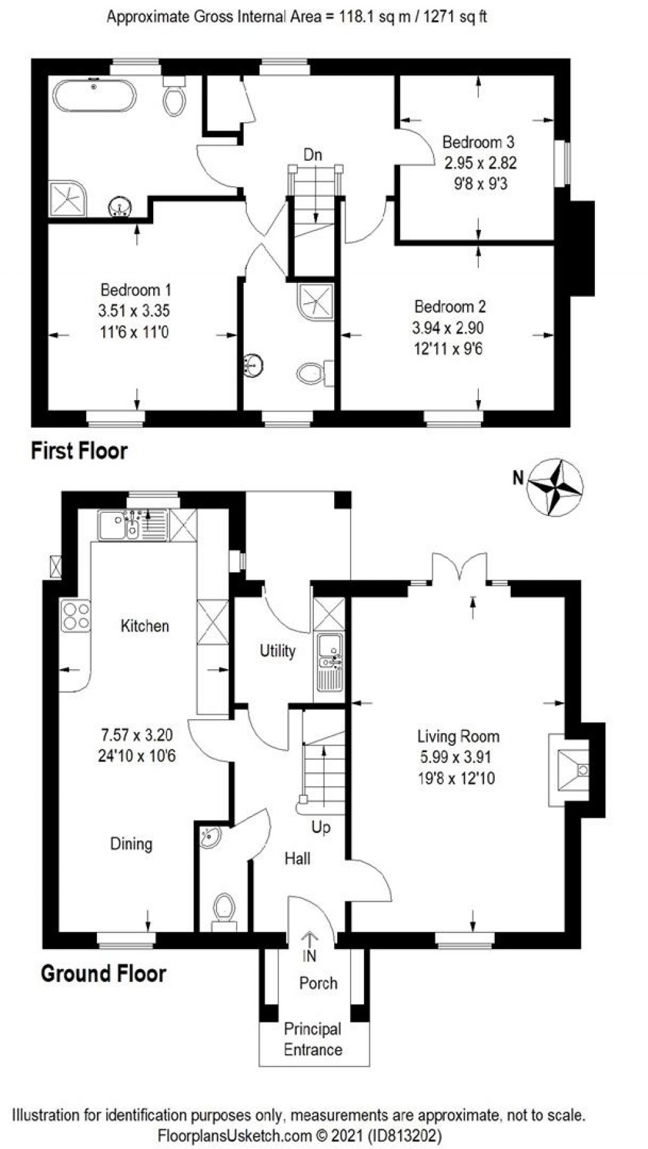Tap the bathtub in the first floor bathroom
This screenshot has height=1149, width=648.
[94, 96]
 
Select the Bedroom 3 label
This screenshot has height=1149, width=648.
[478, 142]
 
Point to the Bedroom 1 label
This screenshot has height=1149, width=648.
[135, 290]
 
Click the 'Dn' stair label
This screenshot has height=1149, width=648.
[313, 154]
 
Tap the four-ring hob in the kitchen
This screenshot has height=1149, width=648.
[76, 616]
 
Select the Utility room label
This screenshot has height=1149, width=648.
[278, 651]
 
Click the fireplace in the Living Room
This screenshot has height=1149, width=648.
[569, 770]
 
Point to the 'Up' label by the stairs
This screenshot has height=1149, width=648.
[321, 827]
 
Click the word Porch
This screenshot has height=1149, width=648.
[318, 983]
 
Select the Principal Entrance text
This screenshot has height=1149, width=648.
[313, 1039]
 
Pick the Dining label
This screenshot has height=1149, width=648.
[131, 844]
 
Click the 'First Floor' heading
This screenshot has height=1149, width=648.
[79, 451]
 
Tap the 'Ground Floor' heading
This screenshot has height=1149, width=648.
[103, 973]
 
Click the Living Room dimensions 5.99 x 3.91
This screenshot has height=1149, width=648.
[456, 757]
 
